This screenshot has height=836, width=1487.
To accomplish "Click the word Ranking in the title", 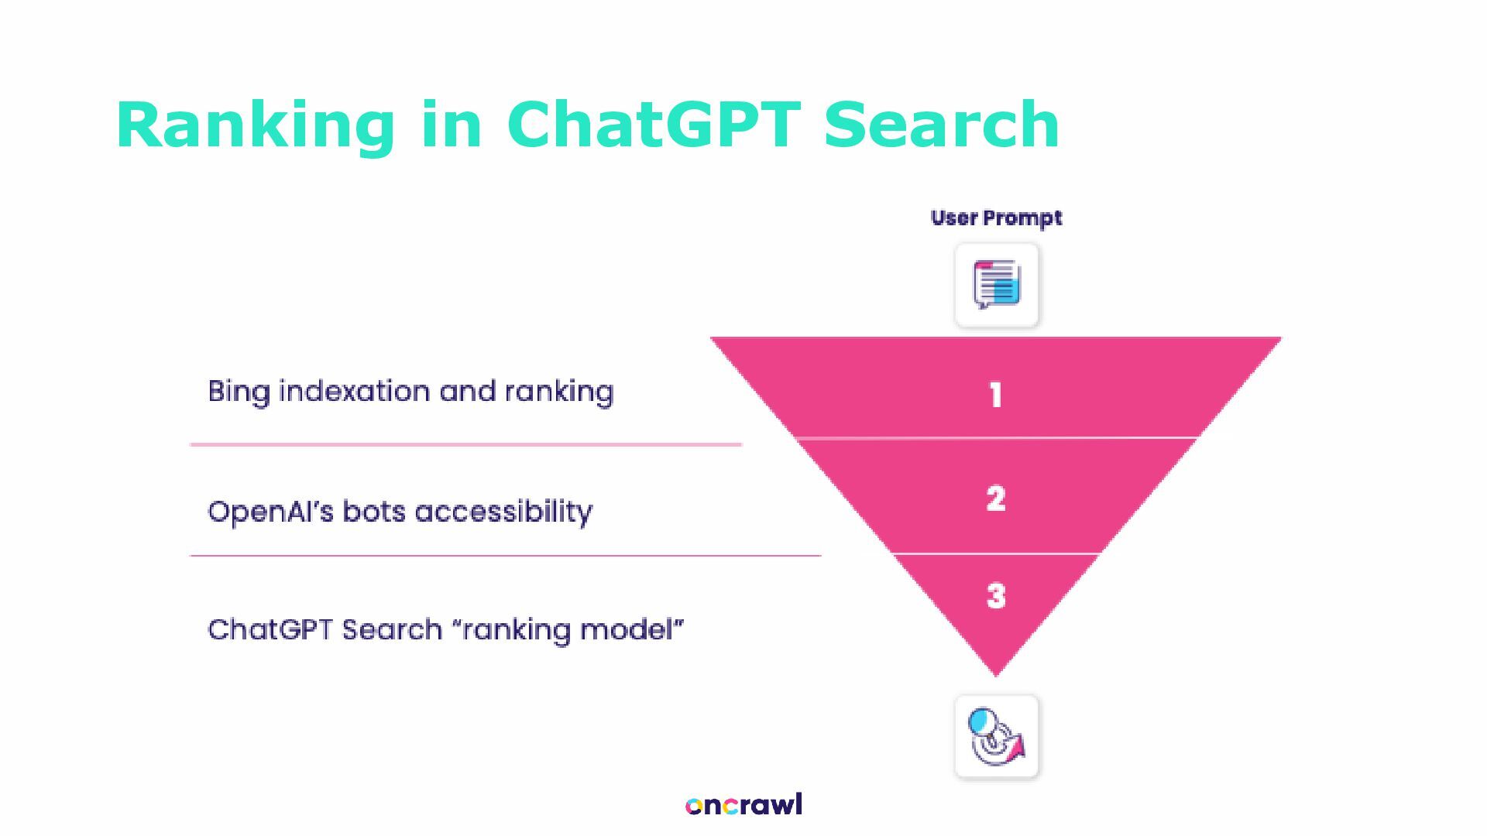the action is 255,125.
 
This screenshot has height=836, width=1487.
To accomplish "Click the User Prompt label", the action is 996,218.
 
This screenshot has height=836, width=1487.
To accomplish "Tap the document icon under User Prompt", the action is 997,285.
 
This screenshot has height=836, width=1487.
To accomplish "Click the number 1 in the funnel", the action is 996,396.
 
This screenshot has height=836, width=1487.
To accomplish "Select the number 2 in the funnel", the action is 996,498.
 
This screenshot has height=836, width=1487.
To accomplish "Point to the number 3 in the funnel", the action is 996,595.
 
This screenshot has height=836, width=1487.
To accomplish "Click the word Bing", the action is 239,392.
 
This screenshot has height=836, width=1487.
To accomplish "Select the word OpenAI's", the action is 271,512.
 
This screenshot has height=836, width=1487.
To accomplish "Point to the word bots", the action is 374,512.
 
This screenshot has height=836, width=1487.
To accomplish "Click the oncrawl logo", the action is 743,805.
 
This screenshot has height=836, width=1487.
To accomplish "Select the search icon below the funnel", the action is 997,737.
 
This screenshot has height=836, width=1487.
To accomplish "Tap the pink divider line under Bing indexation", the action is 465,444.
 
